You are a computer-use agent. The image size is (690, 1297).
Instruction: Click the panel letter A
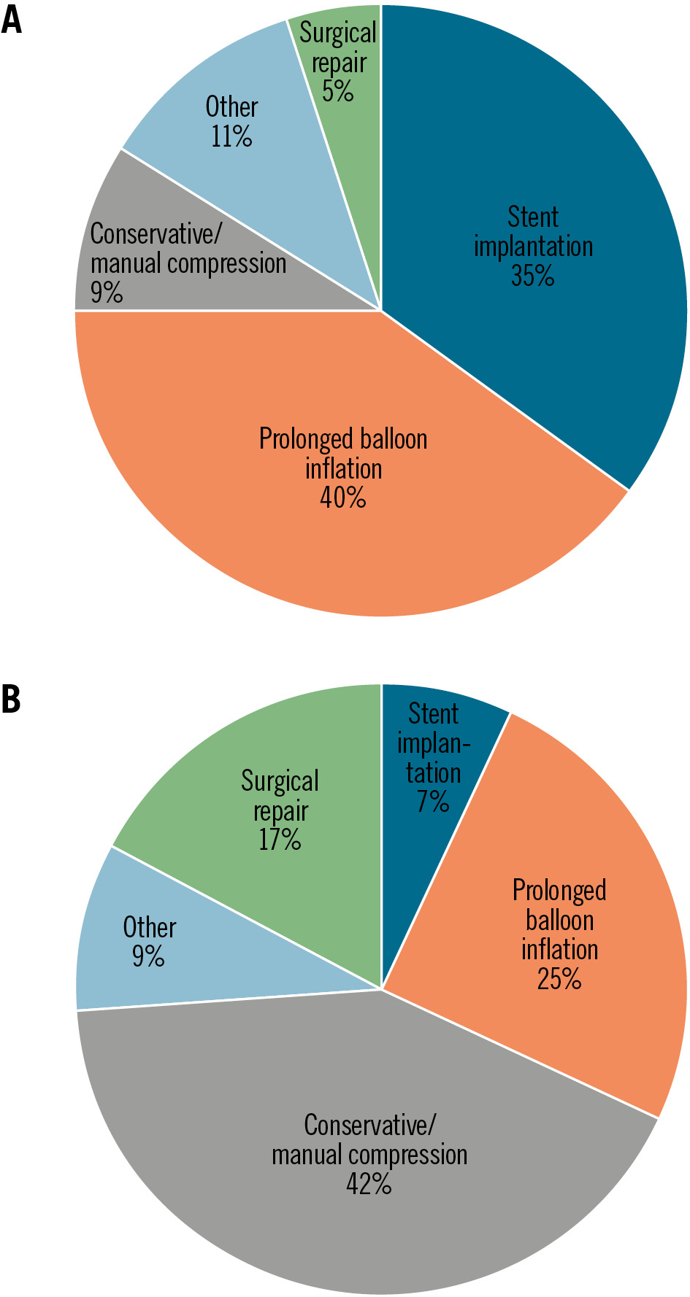(11, 20)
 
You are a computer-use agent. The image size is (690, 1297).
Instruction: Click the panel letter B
(11, 699)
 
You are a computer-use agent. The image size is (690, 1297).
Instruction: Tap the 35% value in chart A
(532, 276)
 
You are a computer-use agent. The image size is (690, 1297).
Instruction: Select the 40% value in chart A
(342, 498)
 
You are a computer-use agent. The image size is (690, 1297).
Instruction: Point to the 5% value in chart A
(338, 92)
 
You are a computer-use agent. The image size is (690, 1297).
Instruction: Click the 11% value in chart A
(231, 136)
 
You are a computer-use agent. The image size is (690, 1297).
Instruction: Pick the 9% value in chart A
(106, 293)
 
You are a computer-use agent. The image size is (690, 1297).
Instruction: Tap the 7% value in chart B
(433, 802)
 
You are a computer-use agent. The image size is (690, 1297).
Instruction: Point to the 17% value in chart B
(280, 840)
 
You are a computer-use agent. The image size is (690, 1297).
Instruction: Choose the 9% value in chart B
(148, 956)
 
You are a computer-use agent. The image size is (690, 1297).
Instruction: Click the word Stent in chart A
(533, 217)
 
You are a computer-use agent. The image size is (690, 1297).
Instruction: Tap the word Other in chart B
(150, 927)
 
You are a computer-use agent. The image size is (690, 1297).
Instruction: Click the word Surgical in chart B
(280, 781)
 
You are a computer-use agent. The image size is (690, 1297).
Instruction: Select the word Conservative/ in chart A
(156, 234)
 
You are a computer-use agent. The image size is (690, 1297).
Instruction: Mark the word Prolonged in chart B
(559, 891)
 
